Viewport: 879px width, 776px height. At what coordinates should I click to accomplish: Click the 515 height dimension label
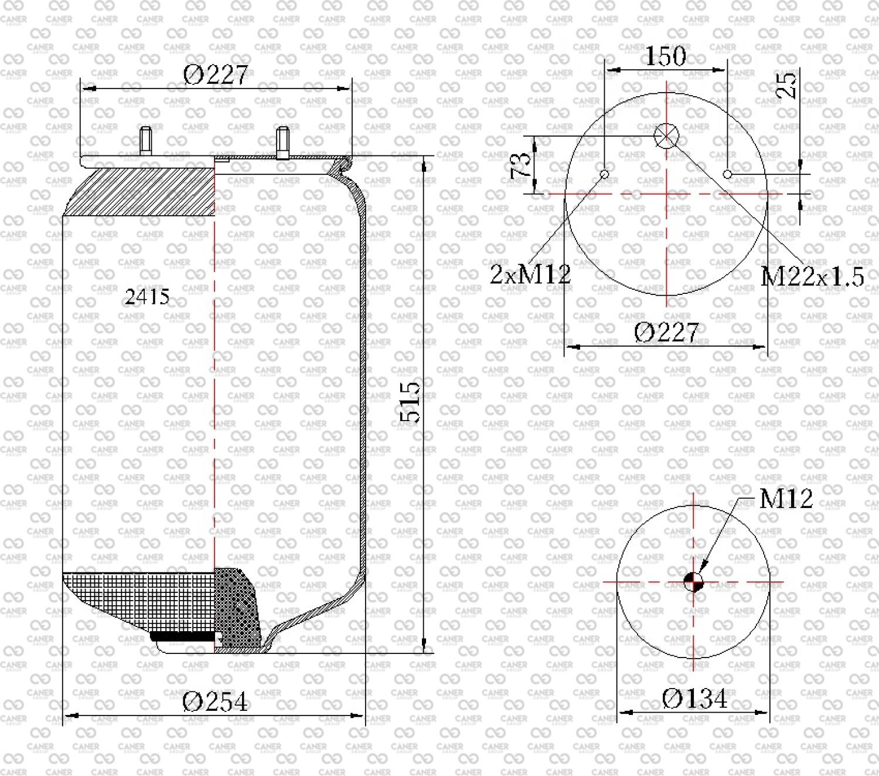[x=410, y=402]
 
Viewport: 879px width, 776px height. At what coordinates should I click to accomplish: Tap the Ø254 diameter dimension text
[x=214, y=702]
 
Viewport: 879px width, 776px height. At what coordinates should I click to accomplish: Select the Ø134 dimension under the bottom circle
[x=694, y=699]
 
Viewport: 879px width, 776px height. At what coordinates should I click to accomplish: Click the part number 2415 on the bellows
[x=147, y=297]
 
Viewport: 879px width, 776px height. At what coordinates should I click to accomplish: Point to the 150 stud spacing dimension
[x=666, y=56]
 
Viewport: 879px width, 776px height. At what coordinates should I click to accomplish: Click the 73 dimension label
[x=520, y=165]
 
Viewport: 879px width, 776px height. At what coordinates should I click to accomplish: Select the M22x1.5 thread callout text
[x=812, y=277]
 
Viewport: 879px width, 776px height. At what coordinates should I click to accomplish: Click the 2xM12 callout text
[x=530, y=274]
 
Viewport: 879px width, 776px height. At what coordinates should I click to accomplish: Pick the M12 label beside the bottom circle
[x=786, y=499]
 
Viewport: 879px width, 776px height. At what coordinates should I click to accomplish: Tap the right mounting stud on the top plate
[x=283, y=143]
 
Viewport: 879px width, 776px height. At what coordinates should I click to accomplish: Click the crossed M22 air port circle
[x=666, y=135]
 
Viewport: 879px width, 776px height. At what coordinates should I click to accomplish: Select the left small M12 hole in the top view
[x=604, y=175]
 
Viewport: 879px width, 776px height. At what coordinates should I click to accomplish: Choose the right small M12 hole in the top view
[x=728, y=175]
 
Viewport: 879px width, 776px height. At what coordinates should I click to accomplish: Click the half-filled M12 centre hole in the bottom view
[x=693, y=582]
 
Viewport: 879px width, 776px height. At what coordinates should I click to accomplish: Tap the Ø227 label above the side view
[x=216, y=75]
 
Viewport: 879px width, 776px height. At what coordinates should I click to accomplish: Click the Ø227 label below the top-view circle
[x=666, y=333]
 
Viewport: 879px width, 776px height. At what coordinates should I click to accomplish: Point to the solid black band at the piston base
[x=183, y=636]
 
